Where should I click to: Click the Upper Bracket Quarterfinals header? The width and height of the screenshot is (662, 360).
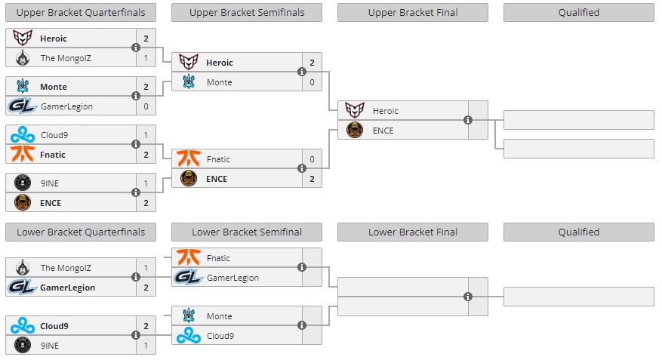[x=81, y=12]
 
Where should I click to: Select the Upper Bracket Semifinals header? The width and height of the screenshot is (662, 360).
[x=247, y=12]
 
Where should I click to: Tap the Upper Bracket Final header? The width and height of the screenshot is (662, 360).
[x=413, y=12]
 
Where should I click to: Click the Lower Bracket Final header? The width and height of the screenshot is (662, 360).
[x=413, y=232]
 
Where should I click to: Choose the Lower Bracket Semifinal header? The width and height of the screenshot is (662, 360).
[x=247, y=232]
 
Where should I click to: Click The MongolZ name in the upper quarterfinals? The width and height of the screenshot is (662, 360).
[x=66, y=58]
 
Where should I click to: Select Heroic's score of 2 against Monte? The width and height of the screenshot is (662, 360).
[x=312, y=63]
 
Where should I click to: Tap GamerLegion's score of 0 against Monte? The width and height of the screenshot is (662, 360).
[x=146, y=106]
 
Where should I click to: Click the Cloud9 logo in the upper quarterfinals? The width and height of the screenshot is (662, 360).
[x=23, y=135]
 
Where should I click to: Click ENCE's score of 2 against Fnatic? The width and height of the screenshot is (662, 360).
[x=312, y=179]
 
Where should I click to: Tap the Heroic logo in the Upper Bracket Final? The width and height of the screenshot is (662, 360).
[x=355, y=111]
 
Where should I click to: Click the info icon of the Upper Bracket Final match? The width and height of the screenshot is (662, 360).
[x=468, y=120]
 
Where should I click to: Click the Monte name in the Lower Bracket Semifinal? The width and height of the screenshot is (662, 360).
[x=219, y=316]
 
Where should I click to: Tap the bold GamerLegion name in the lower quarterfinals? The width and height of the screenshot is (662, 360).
[x=68, y=288]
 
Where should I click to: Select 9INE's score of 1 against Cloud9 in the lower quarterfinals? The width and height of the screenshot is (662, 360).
[x=146, y=345]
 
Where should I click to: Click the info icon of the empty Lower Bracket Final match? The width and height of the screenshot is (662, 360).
[x=468, y=296]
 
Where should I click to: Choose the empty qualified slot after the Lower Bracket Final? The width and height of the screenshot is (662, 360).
[x=578, y=297]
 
